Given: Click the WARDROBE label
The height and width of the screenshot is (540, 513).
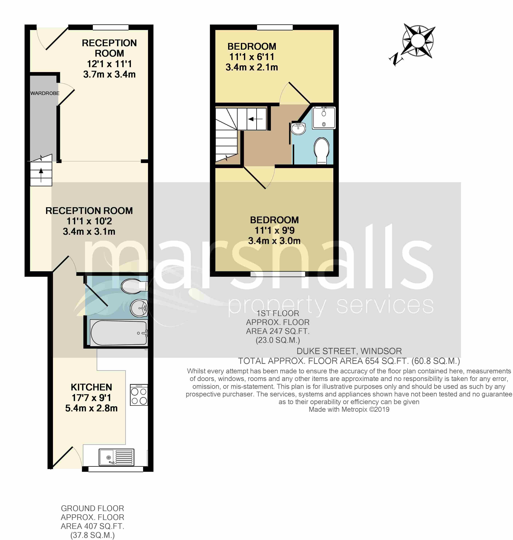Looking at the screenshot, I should click(x=45, y=93).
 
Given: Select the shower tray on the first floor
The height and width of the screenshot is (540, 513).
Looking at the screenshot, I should click(x=324, y=118).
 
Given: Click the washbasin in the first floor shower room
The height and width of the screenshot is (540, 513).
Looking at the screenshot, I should click(x=298, y=128).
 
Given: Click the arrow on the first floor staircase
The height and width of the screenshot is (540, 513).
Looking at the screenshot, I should click(x=255, y=119).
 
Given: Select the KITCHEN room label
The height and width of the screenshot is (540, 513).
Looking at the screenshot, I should click(x=91, y=387).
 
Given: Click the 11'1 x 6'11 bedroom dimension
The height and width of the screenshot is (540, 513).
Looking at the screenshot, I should click(x=252, y=57).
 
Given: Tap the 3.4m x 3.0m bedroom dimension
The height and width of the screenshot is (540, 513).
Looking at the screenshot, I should click(x=274, y=241).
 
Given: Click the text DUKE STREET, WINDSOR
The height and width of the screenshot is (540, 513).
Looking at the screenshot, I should click(x=349, y=351).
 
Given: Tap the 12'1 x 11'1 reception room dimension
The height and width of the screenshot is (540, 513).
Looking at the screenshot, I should click(x=109, y=64).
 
